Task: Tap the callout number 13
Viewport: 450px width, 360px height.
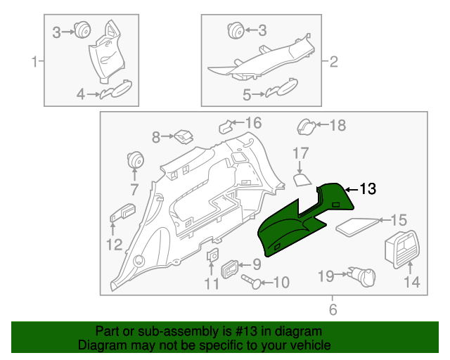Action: tap(368, 189)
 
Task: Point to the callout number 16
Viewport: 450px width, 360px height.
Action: tap(252, 124)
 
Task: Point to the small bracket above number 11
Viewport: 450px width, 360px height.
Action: tap(212, 257)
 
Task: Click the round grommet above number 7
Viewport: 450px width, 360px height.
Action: tap(134, 160)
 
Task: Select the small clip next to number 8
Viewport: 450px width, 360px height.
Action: tap(185, 134)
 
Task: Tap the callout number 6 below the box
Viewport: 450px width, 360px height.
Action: tap(333, 308)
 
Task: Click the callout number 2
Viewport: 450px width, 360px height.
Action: tap(333, 62)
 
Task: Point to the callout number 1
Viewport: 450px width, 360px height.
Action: tap(34, 62)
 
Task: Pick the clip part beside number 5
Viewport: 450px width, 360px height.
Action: tap(281, 91)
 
